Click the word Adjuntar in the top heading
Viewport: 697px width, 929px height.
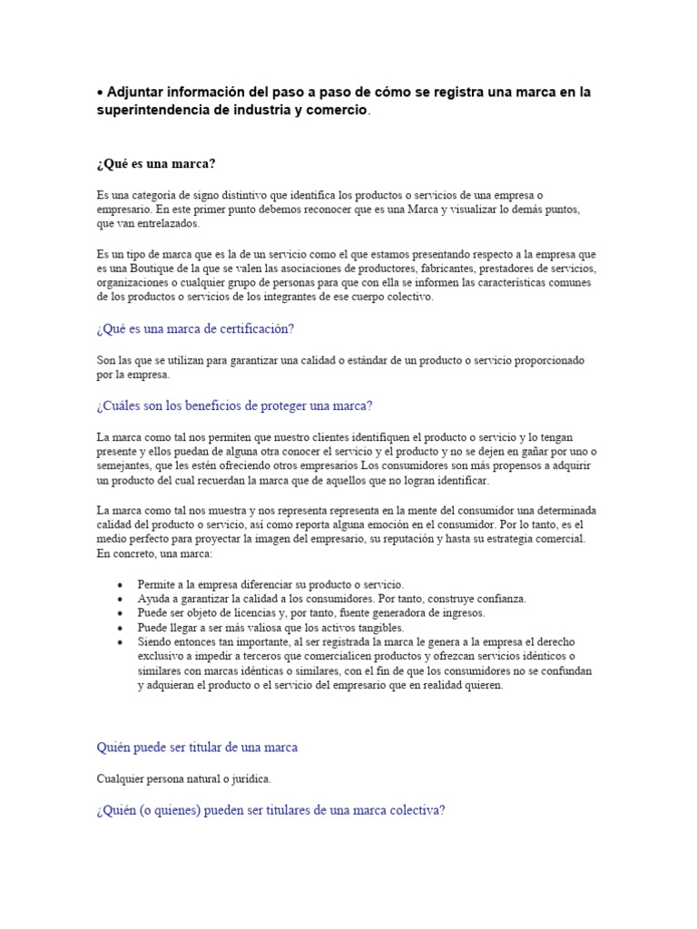tap(137, 93)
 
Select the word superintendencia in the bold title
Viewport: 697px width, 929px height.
tap(150, 110)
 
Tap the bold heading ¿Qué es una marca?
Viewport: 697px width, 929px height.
tap(156, 163)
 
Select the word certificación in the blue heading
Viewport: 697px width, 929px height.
tap(251, 328)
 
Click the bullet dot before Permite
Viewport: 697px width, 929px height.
tap(120, 585)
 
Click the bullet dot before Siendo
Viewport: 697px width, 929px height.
tap(120, 642)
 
